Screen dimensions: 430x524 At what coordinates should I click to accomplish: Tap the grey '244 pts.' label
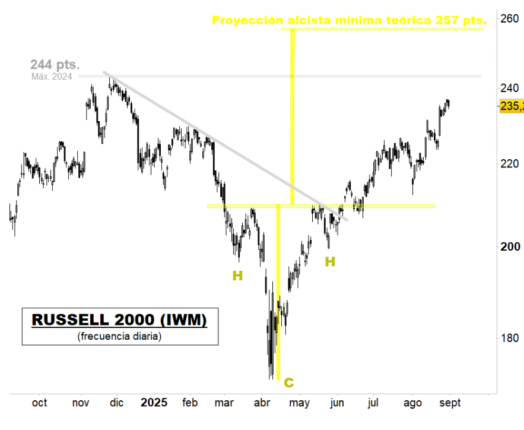click(x=55, y=64)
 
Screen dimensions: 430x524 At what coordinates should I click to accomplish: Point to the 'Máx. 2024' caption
click(x=52, y=76)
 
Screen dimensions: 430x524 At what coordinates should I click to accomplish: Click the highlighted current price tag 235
click(x=512, y=106)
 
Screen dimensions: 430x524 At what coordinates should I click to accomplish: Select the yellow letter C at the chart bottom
click(x=288, y=382)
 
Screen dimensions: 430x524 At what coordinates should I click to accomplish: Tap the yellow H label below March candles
click(x=237, y=276)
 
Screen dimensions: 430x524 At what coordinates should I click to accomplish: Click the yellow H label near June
click(x=330, y=261)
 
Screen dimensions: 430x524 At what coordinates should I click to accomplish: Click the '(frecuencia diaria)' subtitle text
click(x=119, y=336)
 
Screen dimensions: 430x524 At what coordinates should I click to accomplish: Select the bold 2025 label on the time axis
click(x=154, y=403)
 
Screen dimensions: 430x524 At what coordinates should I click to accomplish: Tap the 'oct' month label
click(x=39, y=403)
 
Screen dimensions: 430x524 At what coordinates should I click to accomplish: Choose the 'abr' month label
click(x=262, y=403)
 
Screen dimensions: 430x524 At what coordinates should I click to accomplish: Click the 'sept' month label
click(x=450, y=403)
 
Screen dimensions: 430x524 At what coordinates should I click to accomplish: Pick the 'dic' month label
click(x=117, y=403)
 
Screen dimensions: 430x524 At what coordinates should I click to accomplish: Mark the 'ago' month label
click(x=412, y=403)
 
